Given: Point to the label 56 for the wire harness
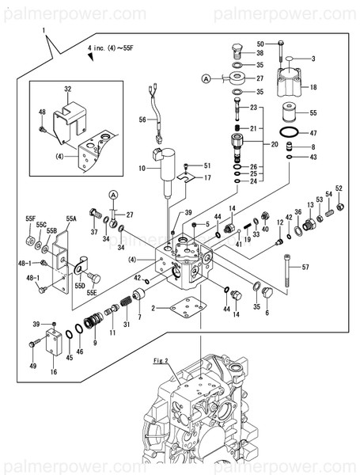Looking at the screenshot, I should click(x=143, y=119).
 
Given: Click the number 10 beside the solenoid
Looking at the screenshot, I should click(x=142, y=169).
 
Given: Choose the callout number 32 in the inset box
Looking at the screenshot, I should click(x=68, y=89).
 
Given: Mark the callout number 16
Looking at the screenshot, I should click(x=53, y=370).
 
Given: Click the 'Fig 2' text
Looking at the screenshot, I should click(x=161, y=361).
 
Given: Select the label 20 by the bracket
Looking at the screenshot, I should click(x=275, y=144).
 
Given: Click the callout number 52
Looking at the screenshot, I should click(x=339, y=188).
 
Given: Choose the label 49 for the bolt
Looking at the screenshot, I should click(x=32, y=366).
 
